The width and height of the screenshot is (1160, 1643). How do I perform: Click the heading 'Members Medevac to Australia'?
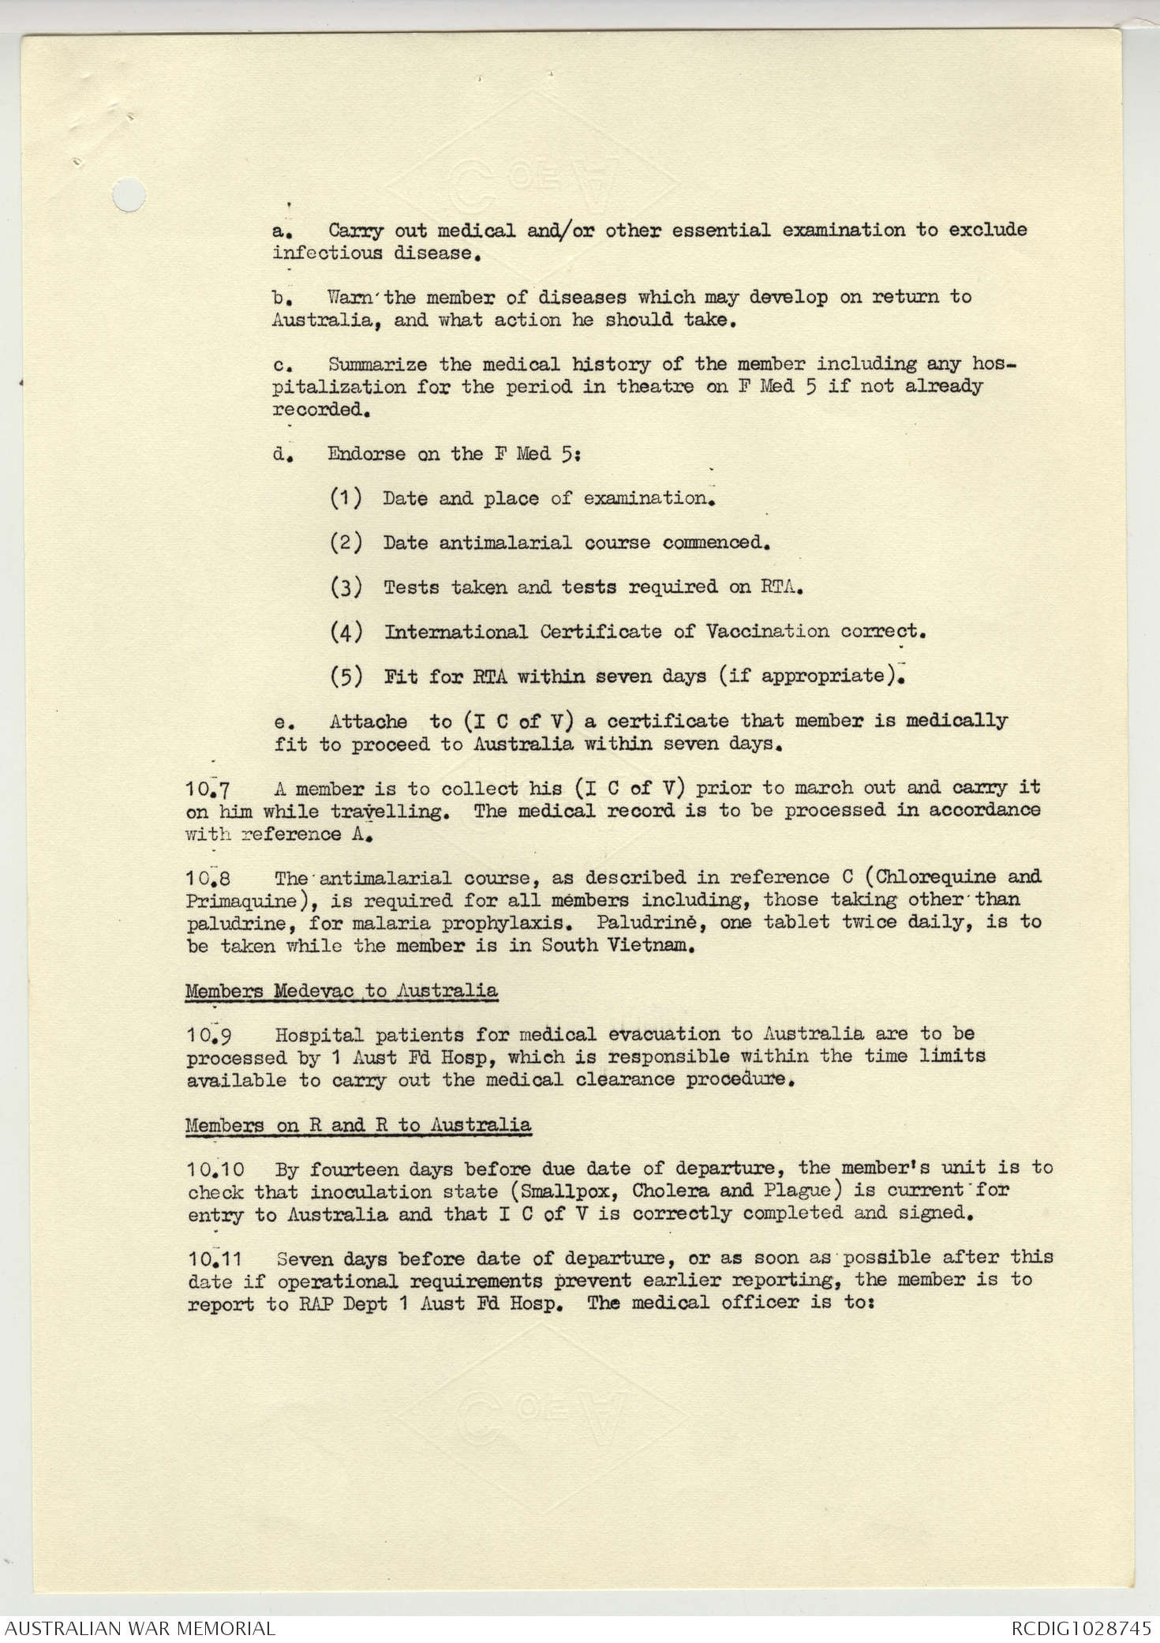(x=341, y=991)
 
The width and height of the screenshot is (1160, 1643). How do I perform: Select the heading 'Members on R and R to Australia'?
(x=358, y=1124)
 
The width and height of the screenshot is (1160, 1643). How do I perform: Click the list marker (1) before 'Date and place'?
(x=346, y=498)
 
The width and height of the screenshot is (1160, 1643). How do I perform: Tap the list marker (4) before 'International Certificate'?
(x=346, y=632)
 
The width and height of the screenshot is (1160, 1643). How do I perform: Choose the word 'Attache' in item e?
(x=368, y=721)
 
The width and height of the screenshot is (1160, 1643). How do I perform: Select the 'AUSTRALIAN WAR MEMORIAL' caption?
(x=140, y=1628)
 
